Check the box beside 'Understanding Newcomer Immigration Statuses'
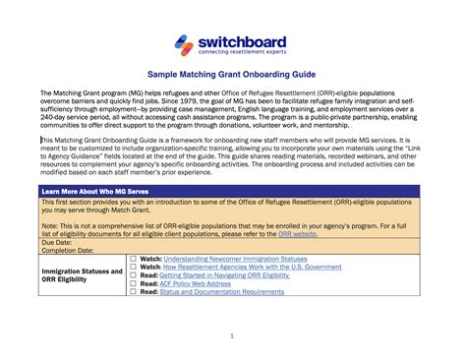click(134, 259)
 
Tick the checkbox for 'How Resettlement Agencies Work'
click(134, 268)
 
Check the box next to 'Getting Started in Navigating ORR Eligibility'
click(134, 275)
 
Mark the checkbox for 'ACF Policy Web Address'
click(134, 283)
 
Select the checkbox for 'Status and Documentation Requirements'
click(134, 291)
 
